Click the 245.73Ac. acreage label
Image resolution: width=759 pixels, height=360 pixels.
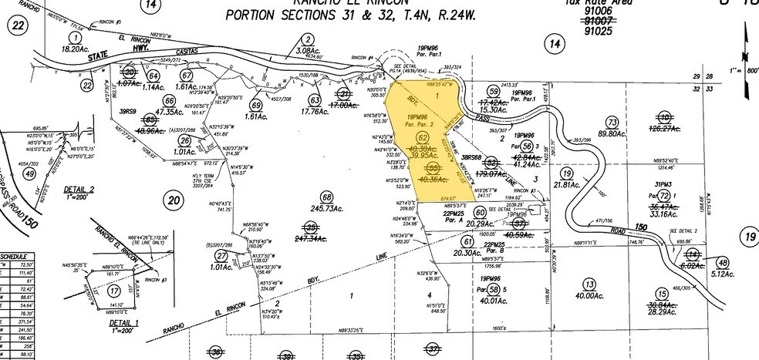tap(327, 209)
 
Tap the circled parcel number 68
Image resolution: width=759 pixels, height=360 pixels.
tap(327, 197)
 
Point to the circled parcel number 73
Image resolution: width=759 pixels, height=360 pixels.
tap(613, 122)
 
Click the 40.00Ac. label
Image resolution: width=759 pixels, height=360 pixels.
tap(590, 295)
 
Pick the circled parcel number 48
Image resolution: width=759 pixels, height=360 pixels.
tap(723, 263)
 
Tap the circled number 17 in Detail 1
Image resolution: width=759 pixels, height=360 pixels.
tap(115, 291)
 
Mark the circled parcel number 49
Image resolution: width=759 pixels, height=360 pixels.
tap(30, 174)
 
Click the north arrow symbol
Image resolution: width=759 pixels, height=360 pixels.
tap(747, 42)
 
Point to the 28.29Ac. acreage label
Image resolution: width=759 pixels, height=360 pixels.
tap(661, 314)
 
